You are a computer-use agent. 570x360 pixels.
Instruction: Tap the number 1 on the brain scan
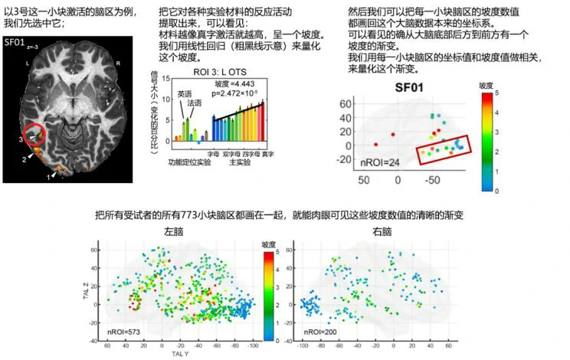tap(50, 177)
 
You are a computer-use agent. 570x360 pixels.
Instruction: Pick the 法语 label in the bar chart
tap(195, 102)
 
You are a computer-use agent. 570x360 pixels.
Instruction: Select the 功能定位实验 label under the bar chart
tap(188, 162)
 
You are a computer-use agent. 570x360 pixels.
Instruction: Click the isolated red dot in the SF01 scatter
tap(376, 144)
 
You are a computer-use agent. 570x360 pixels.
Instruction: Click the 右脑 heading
tap(382, 231)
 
